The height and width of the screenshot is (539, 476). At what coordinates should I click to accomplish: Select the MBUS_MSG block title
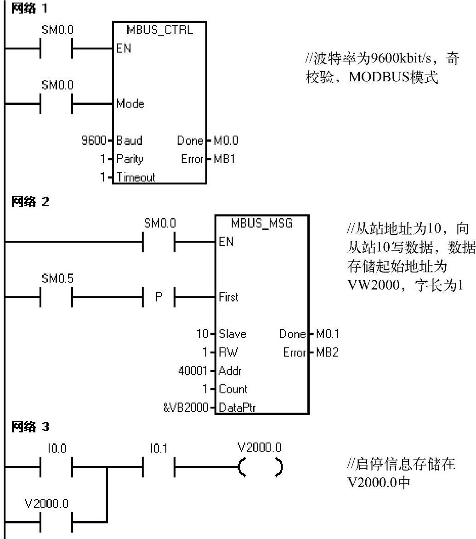261,224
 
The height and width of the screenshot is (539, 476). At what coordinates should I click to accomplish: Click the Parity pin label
130,159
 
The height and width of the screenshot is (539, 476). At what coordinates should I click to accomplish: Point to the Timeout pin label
136,177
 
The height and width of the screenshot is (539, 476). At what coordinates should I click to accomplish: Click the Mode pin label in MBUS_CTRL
130,104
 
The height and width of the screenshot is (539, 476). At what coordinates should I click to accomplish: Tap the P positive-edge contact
159,297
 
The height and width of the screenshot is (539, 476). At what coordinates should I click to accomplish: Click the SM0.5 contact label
57,279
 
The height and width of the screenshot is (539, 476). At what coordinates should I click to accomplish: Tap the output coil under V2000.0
260,468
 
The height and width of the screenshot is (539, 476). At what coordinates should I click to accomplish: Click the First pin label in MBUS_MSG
228,297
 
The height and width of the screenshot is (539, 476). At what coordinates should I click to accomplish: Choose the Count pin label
233,389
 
